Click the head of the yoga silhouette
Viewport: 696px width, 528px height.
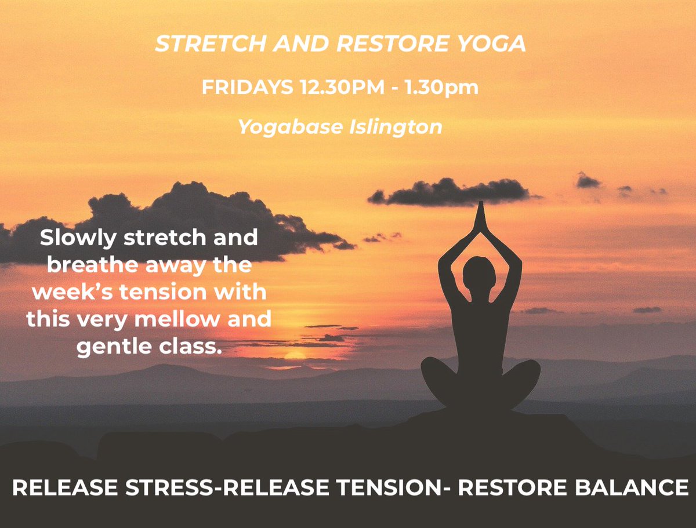(x=479, y=273)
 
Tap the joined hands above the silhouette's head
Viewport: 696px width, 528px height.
(x=480, y=218)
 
